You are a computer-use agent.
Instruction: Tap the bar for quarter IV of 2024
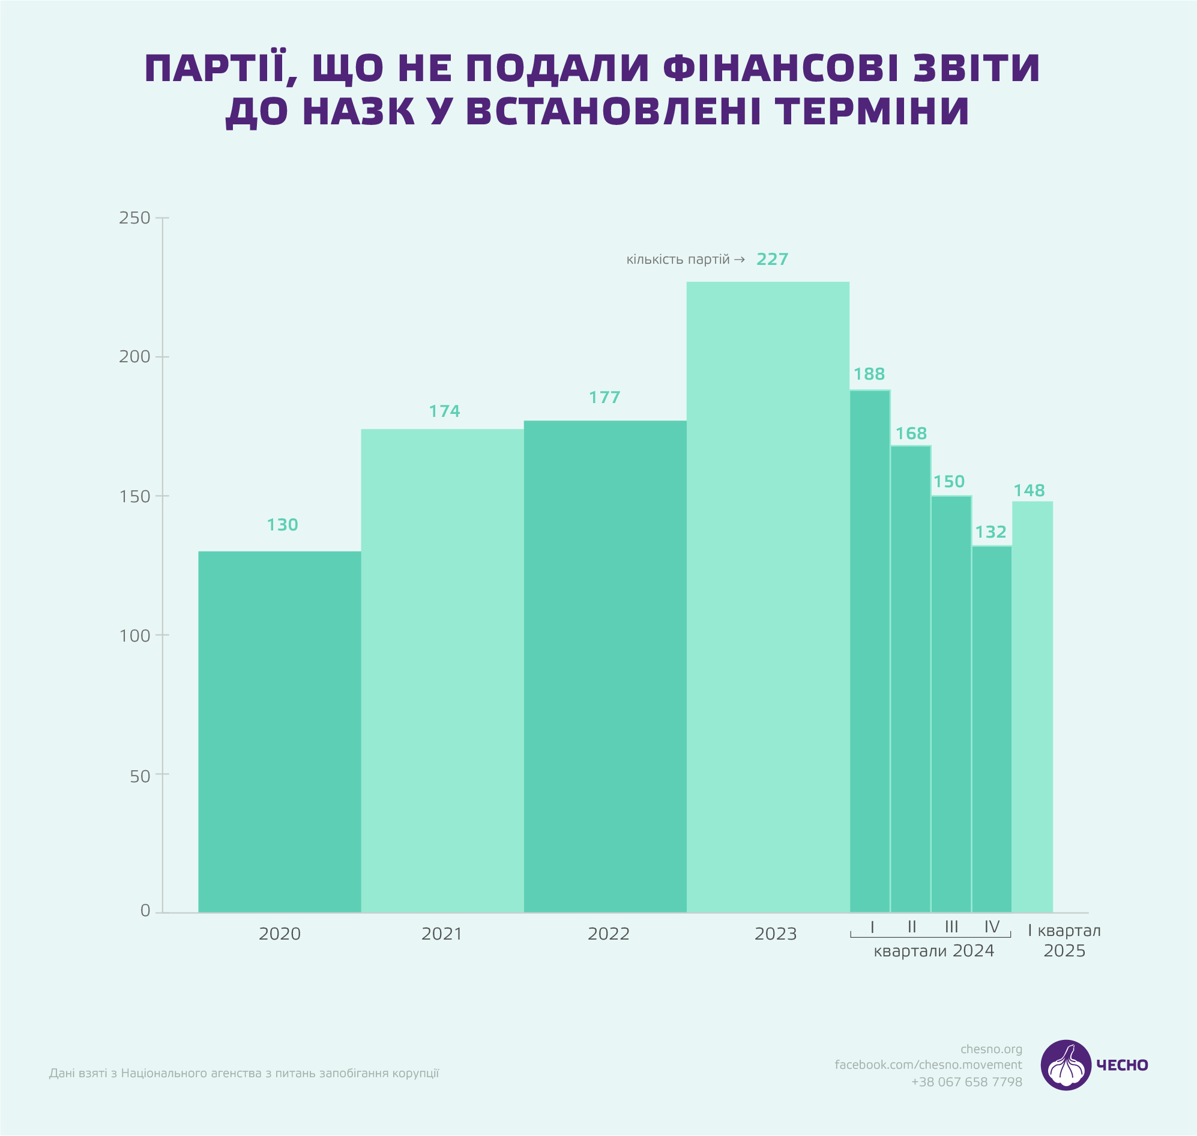tap(992, 729)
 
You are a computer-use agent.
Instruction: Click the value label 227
tap(772, 259)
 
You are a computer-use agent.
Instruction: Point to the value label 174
tap(444, 411)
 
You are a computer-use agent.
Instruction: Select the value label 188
tap(869, 374)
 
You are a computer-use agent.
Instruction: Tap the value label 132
tap(990, 532)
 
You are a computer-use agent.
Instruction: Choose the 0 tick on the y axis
tap(145, 911)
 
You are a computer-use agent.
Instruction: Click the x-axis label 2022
tap(608, 934)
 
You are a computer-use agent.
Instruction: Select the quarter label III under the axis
tap(951, 926)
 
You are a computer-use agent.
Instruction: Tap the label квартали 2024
tap(933, 951)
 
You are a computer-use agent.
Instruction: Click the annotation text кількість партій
tap(678, 260)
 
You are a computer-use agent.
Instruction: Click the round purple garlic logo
tap(1066, 1065)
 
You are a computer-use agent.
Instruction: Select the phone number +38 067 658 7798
tap(966, 1081)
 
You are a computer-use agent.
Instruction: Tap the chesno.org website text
tap(991, 1049)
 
